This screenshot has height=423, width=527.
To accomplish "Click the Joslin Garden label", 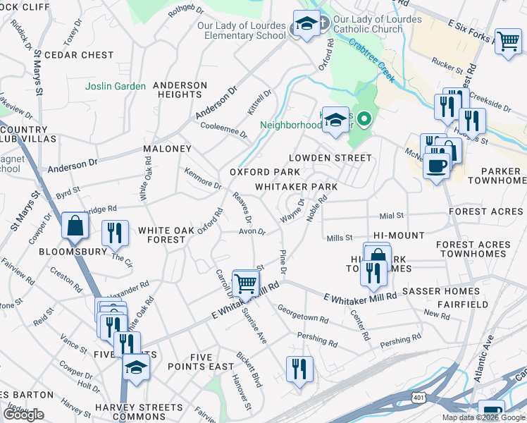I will [116, 87].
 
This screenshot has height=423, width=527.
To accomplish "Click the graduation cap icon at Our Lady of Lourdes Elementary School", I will [306, 23].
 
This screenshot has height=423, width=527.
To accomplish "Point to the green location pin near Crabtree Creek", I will [364, 119].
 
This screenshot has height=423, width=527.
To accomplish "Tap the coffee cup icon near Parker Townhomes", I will [436, 166].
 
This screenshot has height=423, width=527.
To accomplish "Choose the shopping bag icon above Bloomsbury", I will [74, 226].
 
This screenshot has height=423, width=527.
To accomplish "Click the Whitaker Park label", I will [296, 187].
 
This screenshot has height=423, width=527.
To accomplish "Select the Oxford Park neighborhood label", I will [264, 172].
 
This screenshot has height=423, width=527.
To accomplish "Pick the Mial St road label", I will [391, 215].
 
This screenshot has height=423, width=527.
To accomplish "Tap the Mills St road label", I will [340, 238].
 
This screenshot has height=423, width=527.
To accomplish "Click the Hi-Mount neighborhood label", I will [399, 235].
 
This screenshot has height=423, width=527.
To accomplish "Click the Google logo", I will [23, 415].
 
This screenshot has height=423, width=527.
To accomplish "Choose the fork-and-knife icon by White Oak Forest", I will [114, 233].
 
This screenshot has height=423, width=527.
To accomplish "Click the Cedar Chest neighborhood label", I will [79, 55].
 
